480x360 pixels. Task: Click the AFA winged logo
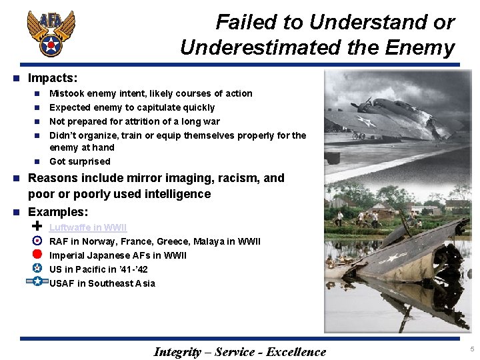point(51,33)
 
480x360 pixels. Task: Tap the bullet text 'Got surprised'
point(80,161)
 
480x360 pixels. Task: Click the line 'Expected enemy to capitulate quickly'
point(132,107)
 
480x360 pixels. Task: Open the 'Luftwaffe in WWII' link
point(87,227)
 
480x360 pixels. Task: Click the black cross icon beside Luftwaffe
point(37,227)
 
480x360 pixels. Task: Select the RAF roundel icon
point(37,241)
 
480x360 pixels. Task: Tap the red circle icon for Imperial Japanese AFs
point(37,254)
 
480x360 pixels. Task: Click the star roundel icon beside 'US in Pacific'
point(37,268)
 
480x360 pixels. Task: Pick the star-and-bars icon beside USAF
point(37,282)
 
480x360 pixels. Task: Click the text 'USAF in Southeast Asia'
point(102,283)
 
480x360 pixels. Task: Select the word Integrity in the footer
point(177,352)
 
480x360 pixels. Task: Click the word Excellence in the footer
point(296,352)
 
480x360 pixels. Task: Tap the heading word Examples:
point(58,212)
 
